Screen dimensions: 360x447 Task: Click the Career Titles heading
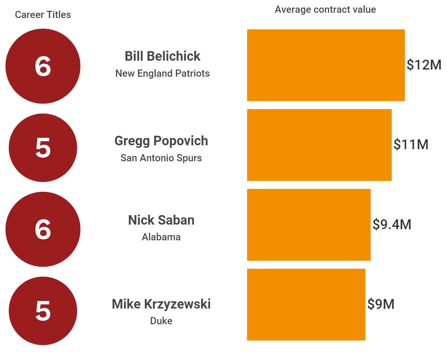click(x=43, y=15)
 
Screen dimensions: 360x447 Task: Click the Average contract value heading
click(x=325, y=10)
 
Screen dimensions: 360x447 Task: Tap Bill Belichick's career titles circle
click(x=43, y=66)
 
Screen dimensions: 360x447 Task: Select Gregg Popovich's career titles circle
click(x=43, y=148)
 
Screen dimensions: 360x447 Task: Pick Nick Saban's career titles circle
click(x=43, y=229)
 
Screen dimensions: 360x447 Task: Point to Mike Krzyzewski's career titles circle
click(x=43, y=310)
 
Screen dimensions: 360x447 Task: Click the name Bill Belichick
click(x=162, y=56)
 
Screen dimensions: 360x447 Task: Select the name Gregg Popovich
click(x=161, y=141)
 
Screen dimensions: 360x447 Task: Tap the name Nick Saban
click(x=161, y=220)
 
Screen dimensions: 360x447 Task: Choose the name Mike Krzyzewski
click(x=161, y=304)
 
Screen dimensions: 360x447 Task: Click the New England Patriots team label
click(x=162, y=73)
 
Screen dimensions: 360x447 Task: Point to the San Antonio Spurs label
click(x=161, y=158)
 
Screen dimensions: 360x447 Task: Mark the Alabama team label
click(x=161, y=237)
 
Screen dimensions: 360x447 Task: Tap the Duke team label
click(x=161, y=321)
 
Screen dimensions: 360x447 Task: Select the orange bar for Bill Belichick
click(x=326, y=65)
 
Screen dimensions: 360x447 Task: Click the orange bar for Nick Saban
click(x=309, y=225)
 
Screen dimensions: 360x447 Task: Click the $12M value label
click(x=424, y=65)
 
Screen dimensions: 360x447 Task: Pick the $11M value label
click(x=411, y=145)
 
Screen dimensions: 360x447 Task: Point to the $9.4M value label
click(x=392, y=225)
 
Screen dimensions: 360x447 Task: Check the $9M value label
click(x=381, y=304)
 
